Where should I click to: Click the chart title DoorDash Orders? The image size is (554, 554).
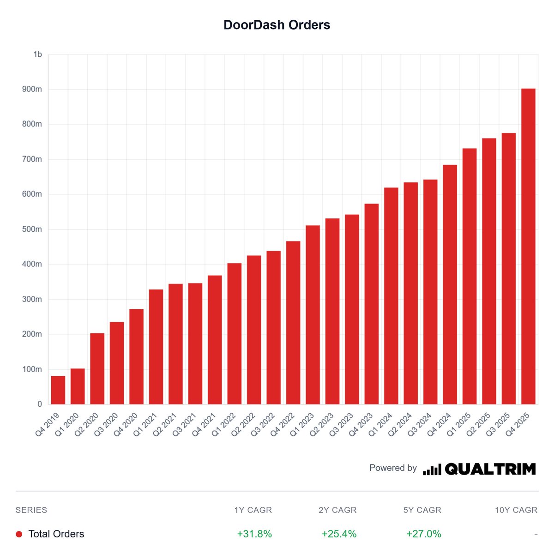(277, 25)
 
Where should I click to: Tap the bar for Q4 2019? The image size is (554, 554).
(58, 390)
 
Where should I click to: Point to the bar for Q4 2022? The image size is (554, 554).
(293, 323)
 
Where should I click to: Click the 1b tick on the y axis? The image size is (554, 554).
(37, 54)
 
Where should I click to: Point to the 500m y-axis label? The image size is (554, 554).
(32, 229)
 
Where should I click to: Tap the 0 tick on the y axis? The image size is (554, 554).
(40, 404)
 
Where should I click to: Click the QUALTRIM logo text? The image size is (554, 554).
(490, 469)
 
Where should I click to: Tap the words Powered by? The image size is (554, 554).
(393, 468)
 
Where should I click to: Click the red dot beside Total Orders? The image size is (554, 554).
(19, 534)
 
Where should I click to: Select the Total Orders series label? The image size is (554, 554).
(56, 534)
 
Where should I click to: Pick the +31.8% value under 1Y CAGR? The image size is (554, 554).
(254, 534)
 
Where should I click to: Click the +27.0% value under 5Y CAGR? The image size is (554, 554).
(424, 534)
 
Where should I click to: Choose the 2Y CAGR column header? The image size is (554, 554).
(337, 510)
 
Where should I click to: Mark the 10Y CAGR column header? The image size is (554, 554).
(516, 510)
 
